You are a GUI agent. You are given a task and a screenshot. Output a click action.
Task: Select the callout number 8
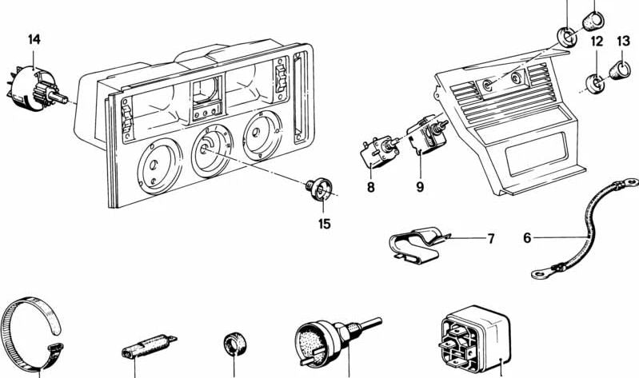pos(371,189)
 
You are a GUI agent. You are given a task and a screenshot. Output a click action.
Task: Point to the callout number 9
pos(419,189)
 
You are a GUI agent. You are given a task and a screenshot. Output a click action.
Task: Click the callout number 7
pos(491,238)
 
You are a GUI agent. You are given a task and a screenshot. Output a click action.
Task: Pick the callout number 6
pos(527,237)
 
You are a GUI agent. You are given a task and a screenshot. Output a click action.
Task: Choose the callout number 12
pos(596,41)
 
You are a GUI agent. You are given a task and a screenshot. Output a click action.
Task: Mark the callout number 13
pos(624,41)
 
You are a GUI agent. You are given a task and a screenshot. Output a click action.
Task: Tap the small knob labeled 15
pos(321,189)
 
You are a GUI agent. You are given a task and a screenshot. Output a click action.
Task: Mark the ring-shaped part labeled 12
pos(595,82)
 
